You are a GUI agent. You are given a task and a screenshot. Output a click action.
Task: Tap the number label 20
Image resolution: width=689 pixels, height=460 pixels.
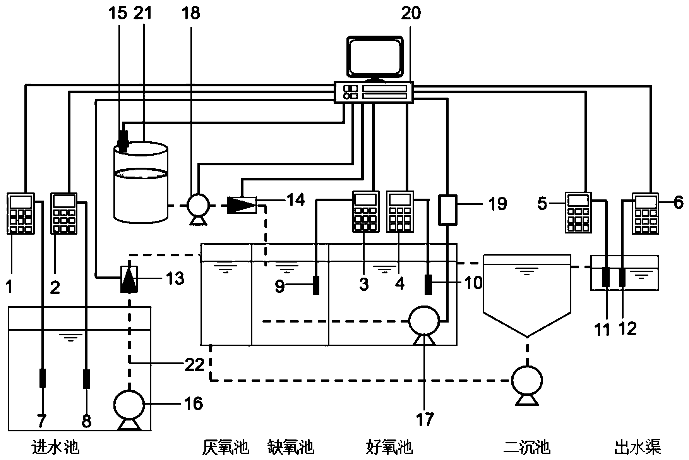pos(411,14)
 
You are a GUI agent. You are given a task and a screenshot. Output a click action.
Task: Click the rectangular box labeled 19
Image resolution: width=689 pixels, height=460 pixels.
pos(448,209)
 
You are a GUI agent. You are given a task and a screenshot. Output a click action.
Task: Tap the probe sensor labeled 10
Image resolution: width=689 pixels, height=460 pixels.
pos(428,285)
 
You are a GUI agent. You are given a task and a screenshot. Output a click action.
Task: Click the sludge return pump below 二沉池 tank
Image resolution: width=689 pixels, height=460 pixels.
pos(526,381)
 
